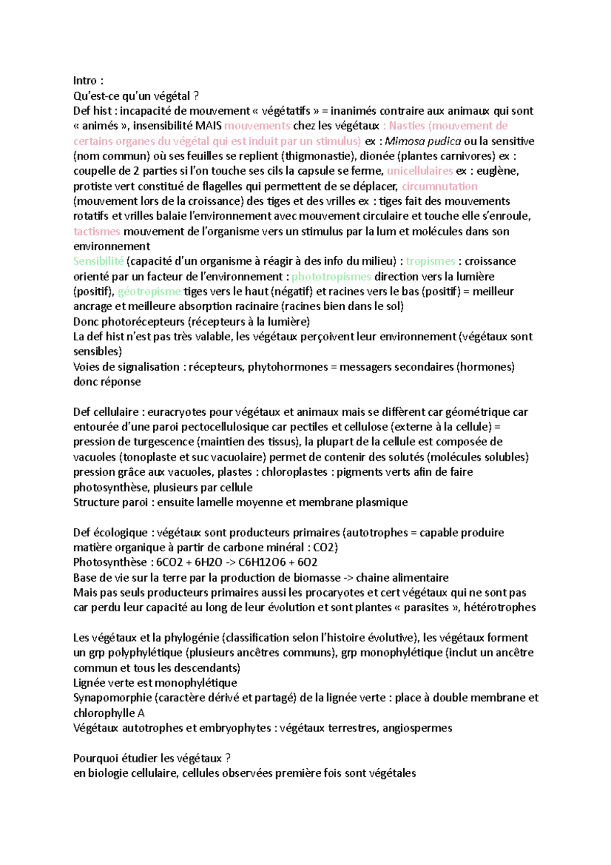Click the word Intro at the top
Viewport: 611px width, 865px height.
(85, 80)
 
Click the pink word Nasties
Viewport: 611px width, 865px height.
(407, 126)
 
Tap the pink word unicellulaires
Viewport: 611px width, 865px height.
(420, 171)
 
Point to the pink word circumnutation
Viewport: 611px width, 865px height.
(439, 186)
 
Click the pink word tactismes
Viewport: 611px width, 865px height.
(97, 231)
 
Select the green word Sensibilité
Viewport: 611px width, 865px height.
(98, 261)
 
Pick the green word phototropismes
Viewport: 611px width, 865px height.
(331, 277)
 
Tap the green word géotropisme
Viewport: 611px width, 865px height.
(149, 291)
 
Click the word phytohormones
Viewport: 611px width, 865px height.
(288, 367)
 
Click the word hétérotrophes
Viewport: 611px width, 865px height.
(499, 607)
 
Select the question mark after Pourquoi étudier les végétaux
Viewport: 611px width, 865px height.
(228, 758)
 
